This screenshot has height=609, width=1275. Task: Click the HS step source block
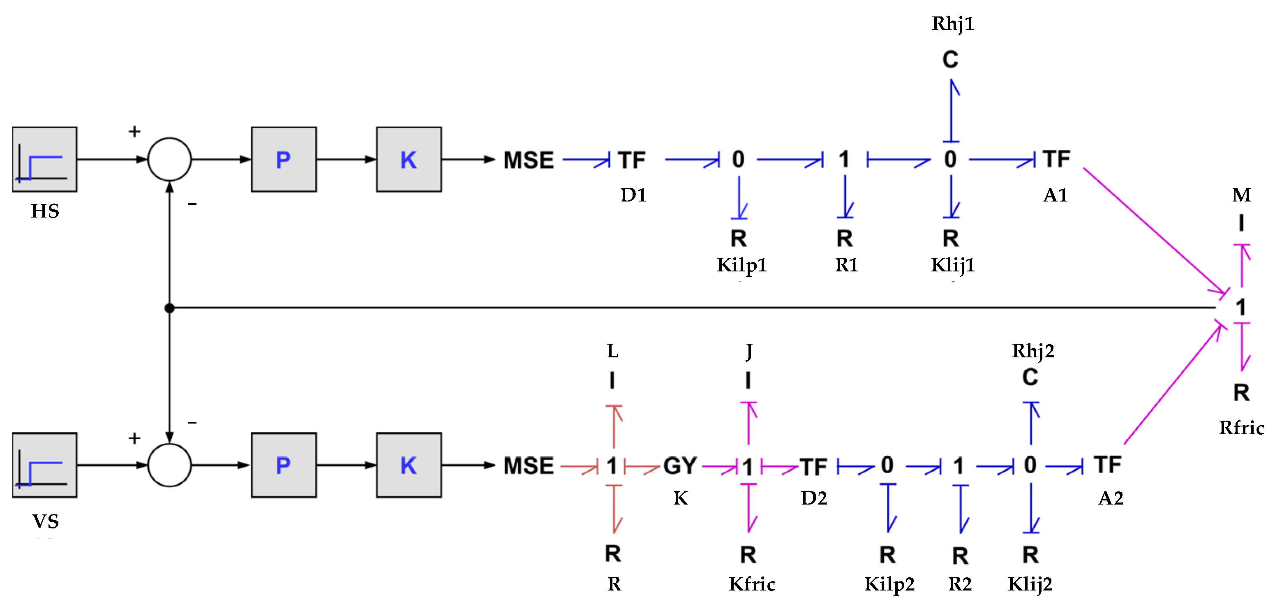point(44,159)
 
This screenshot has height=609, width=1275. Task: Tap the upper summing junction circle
point(169,159)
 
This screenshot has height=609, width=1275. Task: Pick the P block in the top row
point(284,159)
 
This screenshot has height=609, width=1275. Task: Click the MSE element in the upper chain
point(528,160)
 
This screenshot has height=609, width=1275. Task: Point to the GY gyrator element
point(680,465)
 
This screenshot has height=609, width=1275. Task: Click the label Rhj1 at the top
point(953,23)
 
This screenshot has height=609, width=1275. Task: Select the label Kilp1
point(741,265)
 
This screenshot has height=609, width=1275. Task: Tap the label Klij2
point(1030,584)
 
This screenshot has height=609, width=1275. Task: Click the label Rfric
point(1241,427)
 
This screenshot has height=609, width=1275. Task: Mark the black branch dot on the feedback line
point(169,308)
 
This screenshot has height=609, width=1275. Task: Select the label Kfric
point(751,584)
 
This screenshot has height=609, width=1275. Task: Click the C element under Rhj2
point(1030,377)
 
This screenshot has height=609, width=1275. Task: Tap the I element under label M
point(1241,223)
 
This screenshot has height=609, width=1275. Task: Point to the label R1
point(846,265)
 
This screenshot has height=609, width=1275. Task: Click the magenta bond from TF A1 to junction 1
point(1153,230)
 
